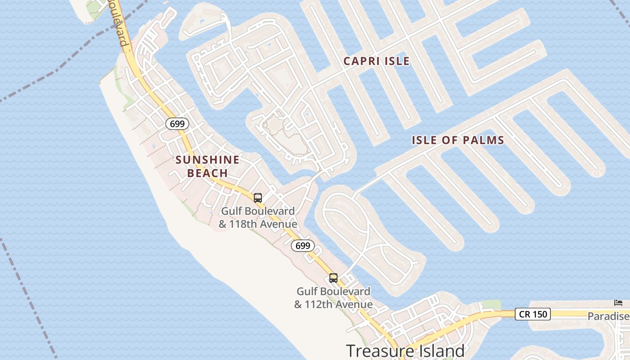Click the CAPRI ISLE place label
[377, 61]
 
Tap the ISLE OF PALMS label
[458, 140]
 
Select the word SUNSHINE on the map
[207, 160]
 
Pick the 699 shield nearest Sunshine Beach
[177, 124]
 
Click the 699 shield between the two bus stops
[303, 246]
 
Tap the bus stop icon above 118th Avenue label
[258, 198]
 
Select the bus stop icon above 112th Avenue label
[333, 278]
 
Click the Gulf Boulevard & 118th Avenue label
[258, 217]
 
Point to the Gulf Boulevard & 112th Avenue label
[333, 298]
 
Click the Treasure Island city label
[405, 351]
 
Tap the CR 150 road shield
[533, 314]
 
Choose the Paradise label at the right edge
[608, 316]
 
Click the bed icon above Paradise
[618, 302]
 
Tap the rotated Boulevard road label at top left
[117, 22]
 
